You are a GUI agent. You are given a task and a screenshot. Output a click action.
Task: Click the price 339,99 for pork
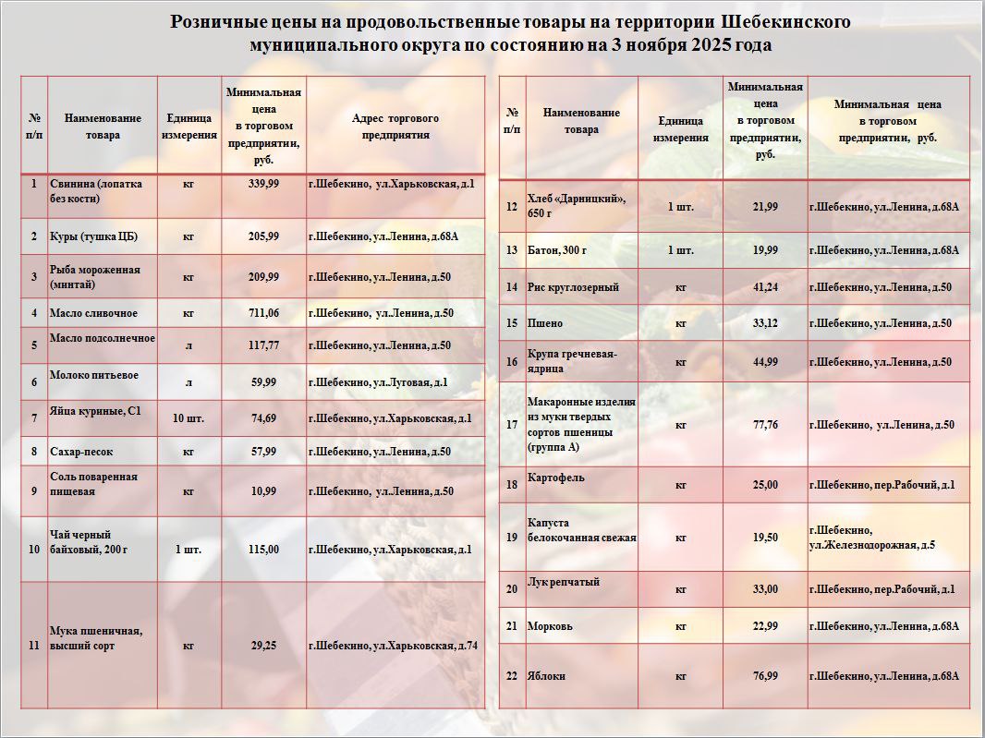click(x=263, y=184)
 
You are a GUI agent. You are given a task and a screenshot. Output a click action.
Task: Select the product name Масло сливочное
click(x=93, y=313)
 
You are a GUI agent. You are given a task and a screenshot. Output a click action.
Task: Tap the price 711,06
click(x=263, y=313)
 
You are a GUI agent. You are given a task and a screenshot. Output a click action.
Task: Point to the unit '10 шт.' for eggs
click(x=188, y=418)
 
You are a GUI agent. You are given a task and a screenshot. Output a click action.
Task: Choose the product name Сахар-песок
click(x=81, y=452)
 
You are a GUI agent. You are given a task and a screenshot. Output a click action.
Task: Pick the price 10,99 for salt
click(x=263, y=491)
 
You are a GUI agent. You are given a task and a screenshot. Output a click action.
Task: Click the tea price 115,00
click(x=263, y=550)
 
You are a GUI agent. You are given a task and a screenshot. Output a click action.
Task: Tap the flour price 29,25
click(x=263, y=646)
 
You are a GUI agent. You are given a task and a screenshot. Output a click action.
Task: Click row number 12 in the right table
click(x=512, y=206)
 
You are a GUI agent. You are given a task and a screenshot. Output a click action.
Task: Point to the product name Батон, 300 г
click(x=556, y=250)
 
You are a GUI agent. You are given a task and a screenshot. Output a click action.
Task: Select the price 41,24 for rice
click(x=765, y=287)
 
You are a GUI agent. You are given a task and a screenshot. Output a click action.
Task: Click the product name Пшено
click(x=544, y=323)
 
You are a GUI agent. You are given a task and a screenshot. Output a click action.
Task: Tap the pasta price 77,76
click(x=765, y=425)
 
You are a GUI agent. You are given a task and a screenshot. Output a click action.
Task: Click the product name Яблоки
click(x=546, y=676)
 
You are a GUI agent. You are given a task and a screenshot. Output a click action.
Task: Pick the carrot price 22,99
click(x=765, y=626)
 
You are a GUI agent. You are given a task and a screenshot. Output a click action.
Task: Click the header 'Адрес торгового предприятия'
click(x=395, y=127)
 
